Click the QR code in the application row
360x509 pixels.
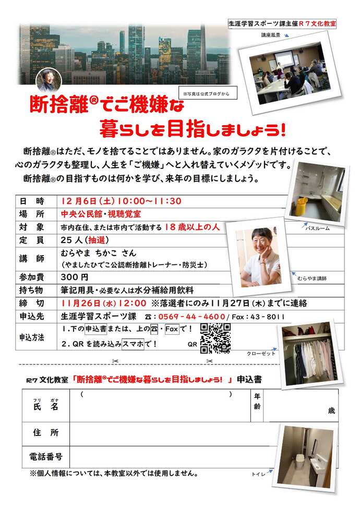point(215,338)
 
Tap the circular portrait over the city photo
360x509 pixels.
point(49,80)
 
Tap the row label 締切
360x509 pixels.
point(32,303)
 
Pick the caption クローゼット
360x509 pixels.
point(261,354)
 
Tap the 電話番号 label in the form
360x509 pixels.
point(46,457)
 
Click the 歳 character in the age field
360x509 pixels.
point(331,410)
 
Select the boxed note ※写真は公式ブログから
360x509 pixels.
point(207,93)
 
